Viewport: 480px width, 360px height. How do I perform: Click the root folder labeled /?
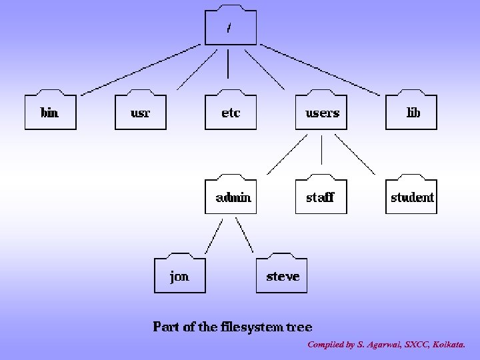coord(229,28)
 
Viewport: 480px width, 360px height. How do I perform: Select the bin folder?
coord(50,112)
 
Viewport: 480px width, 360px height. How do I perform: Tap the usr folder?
coord(141,112)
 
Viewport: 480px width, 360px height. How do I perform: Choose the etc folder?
coord(231,112)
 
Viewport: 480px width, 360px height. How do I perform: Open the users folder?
coord(322,112)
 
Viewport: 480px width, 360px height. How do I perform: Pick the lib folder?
coord(413,112)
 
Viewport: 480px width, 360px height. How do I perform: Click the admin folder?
coord(231,197)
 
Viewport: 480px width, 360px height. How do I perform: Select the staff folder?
coord(321,197)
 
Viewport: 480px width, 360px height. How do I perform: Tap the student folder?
coord(412,197)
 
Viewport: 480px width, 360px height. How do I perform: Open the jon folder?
coord(180,275)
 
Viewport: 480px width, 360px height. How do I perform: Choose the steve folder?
coord(283,275)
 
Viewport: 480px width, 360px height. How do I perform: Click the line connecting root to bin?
coord(140,68)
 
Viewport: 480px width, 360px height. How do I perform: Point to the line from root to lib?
coord(320,68)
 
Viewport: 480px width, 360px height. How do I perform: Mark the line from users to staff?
coord(322,150)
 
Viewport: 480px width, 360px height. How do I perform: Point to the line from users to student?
coord(355,155)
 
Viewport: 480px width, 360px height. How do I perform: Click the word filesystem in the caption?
coord(250,327)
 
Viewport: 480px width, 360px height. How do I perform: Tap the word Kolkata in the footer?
coord(449,345)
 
